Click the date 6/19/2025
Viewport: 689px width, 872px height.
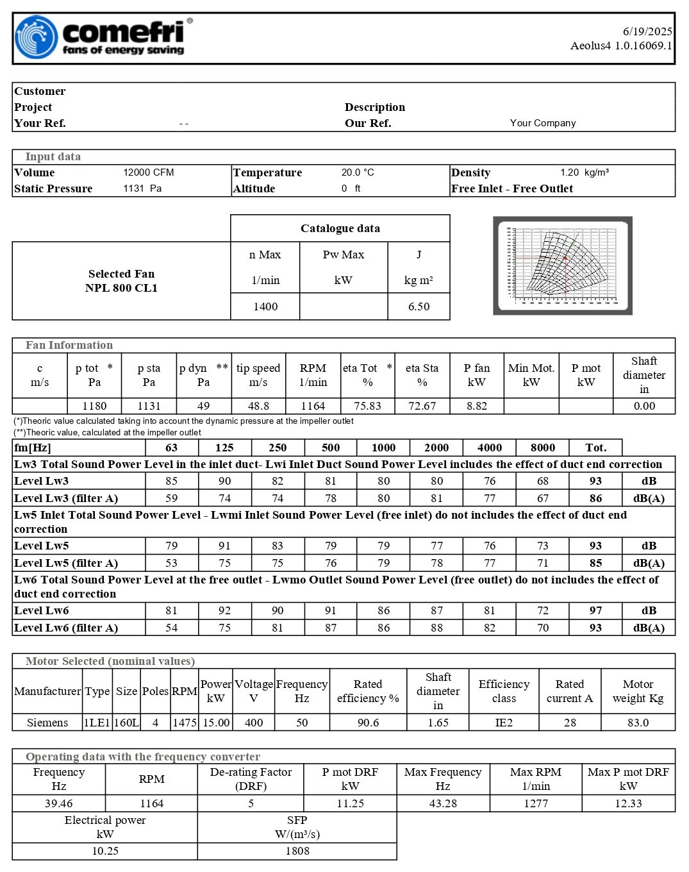pos(647,31)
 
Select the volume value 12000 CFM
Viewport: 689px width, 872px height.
pos(148,172)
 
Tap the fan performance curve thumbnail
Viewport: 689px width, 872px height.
pos(562,265)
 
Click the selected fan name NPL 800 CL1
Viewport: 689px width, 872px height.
pos(121,288)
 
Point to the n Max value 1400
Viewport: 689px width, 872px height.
pos(265,306)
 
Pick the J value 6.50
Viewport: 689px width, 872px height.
pos(419,306)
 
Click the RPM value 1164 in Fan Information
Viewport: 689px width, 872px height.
pos(313,406)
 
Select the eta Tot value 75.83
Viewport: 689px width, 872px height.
pos(367,406)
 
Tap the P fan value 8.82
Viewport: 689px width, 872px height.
pos(476,406)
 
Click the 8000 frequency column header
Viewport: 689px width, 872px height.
pos(542,448)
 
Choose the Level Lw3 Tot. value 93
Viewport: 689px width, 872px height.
pos(595,481)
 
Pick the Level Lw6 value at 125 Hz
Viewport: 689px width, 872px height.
pos(224,610)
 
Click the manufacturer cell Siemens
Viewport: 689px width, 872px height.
pos(47,723)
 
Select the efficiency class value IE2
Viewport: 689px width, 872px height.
pos(504,723)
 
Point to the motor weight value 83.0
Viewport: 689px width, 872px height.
pos(638,723)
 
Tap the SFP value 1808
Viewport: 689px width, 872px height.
pos(297,851)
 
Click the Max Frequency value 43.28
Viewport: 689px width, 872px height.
pos(443,803)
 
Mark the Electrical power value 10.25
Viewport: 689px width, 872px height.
pos(105,851)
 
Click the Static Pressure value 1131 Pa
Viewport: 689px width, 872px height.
pos(142,189)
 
